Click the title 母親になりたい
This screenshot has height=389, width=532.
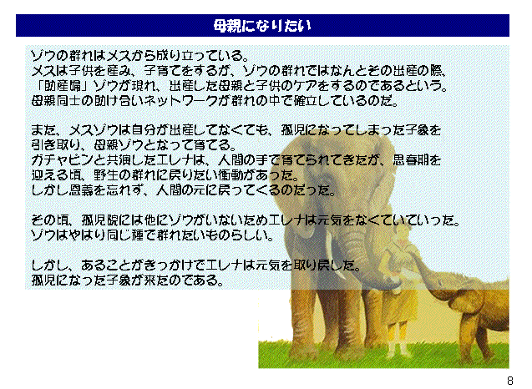262,26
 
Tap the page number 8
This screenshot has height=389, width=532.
510,380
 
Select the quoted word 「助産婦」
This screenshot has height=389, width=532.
61,86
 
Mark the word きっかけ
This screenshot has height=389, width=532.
179,265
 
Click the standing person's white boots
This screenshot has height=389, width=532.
398,349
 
